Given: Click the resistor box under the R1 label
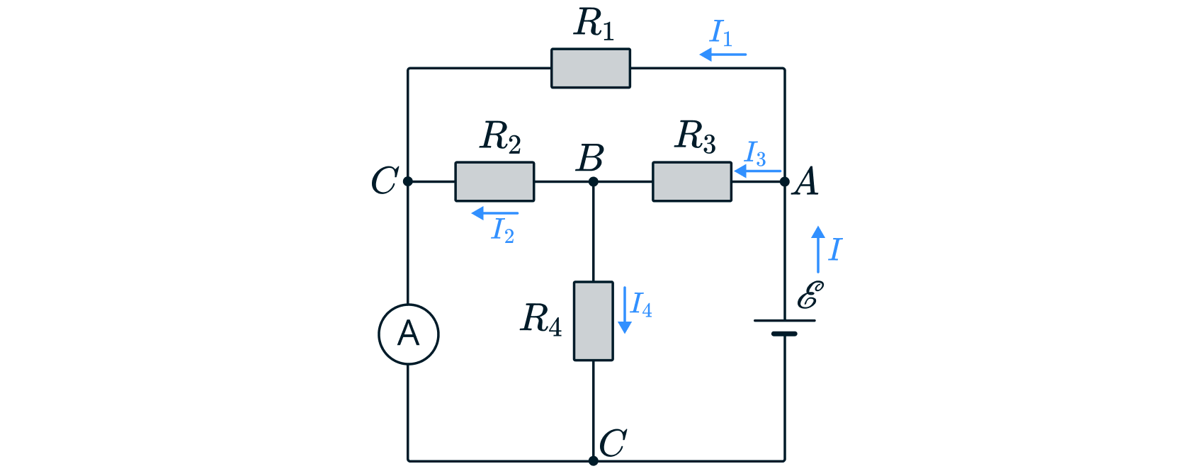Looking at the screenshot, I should (x=591, y=69).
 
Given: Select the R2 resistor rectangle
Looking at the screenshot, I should (x=494, y=182).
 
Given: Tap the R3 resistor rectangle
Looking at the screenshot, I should (x=692, y=182).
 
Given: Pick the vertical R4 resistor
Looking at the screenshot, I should (x=593, y=321).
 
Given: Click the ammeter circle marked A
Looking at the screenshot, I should (x=409, y=334).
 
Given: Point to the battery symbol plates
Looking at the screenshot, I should (x=784, y=327).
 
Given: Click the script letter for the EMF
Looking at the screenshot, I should (x=810, y=295).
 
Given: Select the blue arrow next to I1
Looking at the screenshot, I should (x=722, y=55).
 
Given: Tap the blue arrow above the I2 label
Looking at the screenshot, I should (x=494, y=212).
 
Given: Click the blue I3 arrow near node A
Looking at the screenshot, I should (x=757, y=171).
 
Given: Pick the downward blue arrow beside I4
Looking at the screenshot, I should (x=624, y=310).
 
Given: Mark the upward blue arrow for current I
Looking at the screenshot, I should (x=818, y=249).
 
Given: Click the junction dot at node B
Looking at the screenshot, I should (x=593, y=182).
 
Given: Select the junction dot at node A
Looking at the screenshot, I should (x=784, y=182).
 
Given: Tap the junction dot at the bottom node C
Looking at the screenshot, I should (x=593, y=461).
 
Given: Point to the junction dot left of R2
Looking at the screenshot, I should (x=407, y=182).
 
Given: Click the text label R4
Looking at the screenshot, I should (x=541, y=319).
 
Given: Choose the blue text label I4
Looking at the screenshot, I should (x=641, y=305).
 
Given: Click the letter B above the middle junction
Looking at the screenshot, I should (x=590, y=158).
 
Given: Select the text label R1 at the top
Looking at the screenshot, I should (x=594, y=24).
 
